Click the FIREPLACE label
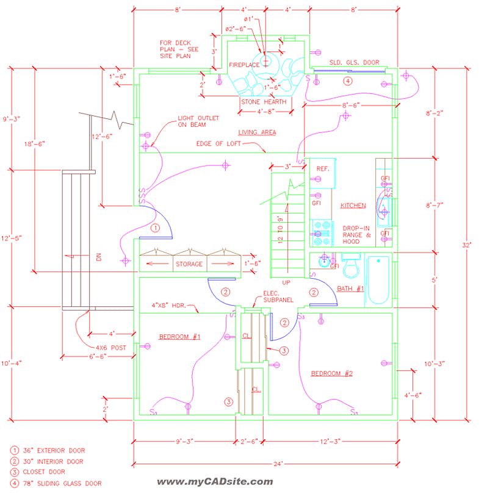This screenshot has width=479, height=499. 244,64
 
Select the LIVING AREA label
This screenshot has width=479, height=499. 257,132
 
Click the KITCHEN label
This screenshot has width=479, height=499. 353,206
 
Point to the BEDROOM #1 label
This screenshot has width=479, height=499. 180,337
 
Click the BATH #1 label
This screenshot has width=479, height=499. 350,289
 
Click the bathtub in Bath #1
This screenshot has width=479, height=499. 378,280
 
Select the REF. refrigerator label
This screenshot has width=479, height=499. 323,169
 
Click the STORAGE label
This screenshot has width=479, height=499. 189,264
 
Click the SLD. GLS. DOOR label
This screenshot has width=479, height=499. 354,62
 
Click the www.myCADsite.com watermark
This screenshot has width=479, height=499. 215,482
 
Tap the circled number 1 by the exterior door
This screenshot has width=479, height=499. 155,228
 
